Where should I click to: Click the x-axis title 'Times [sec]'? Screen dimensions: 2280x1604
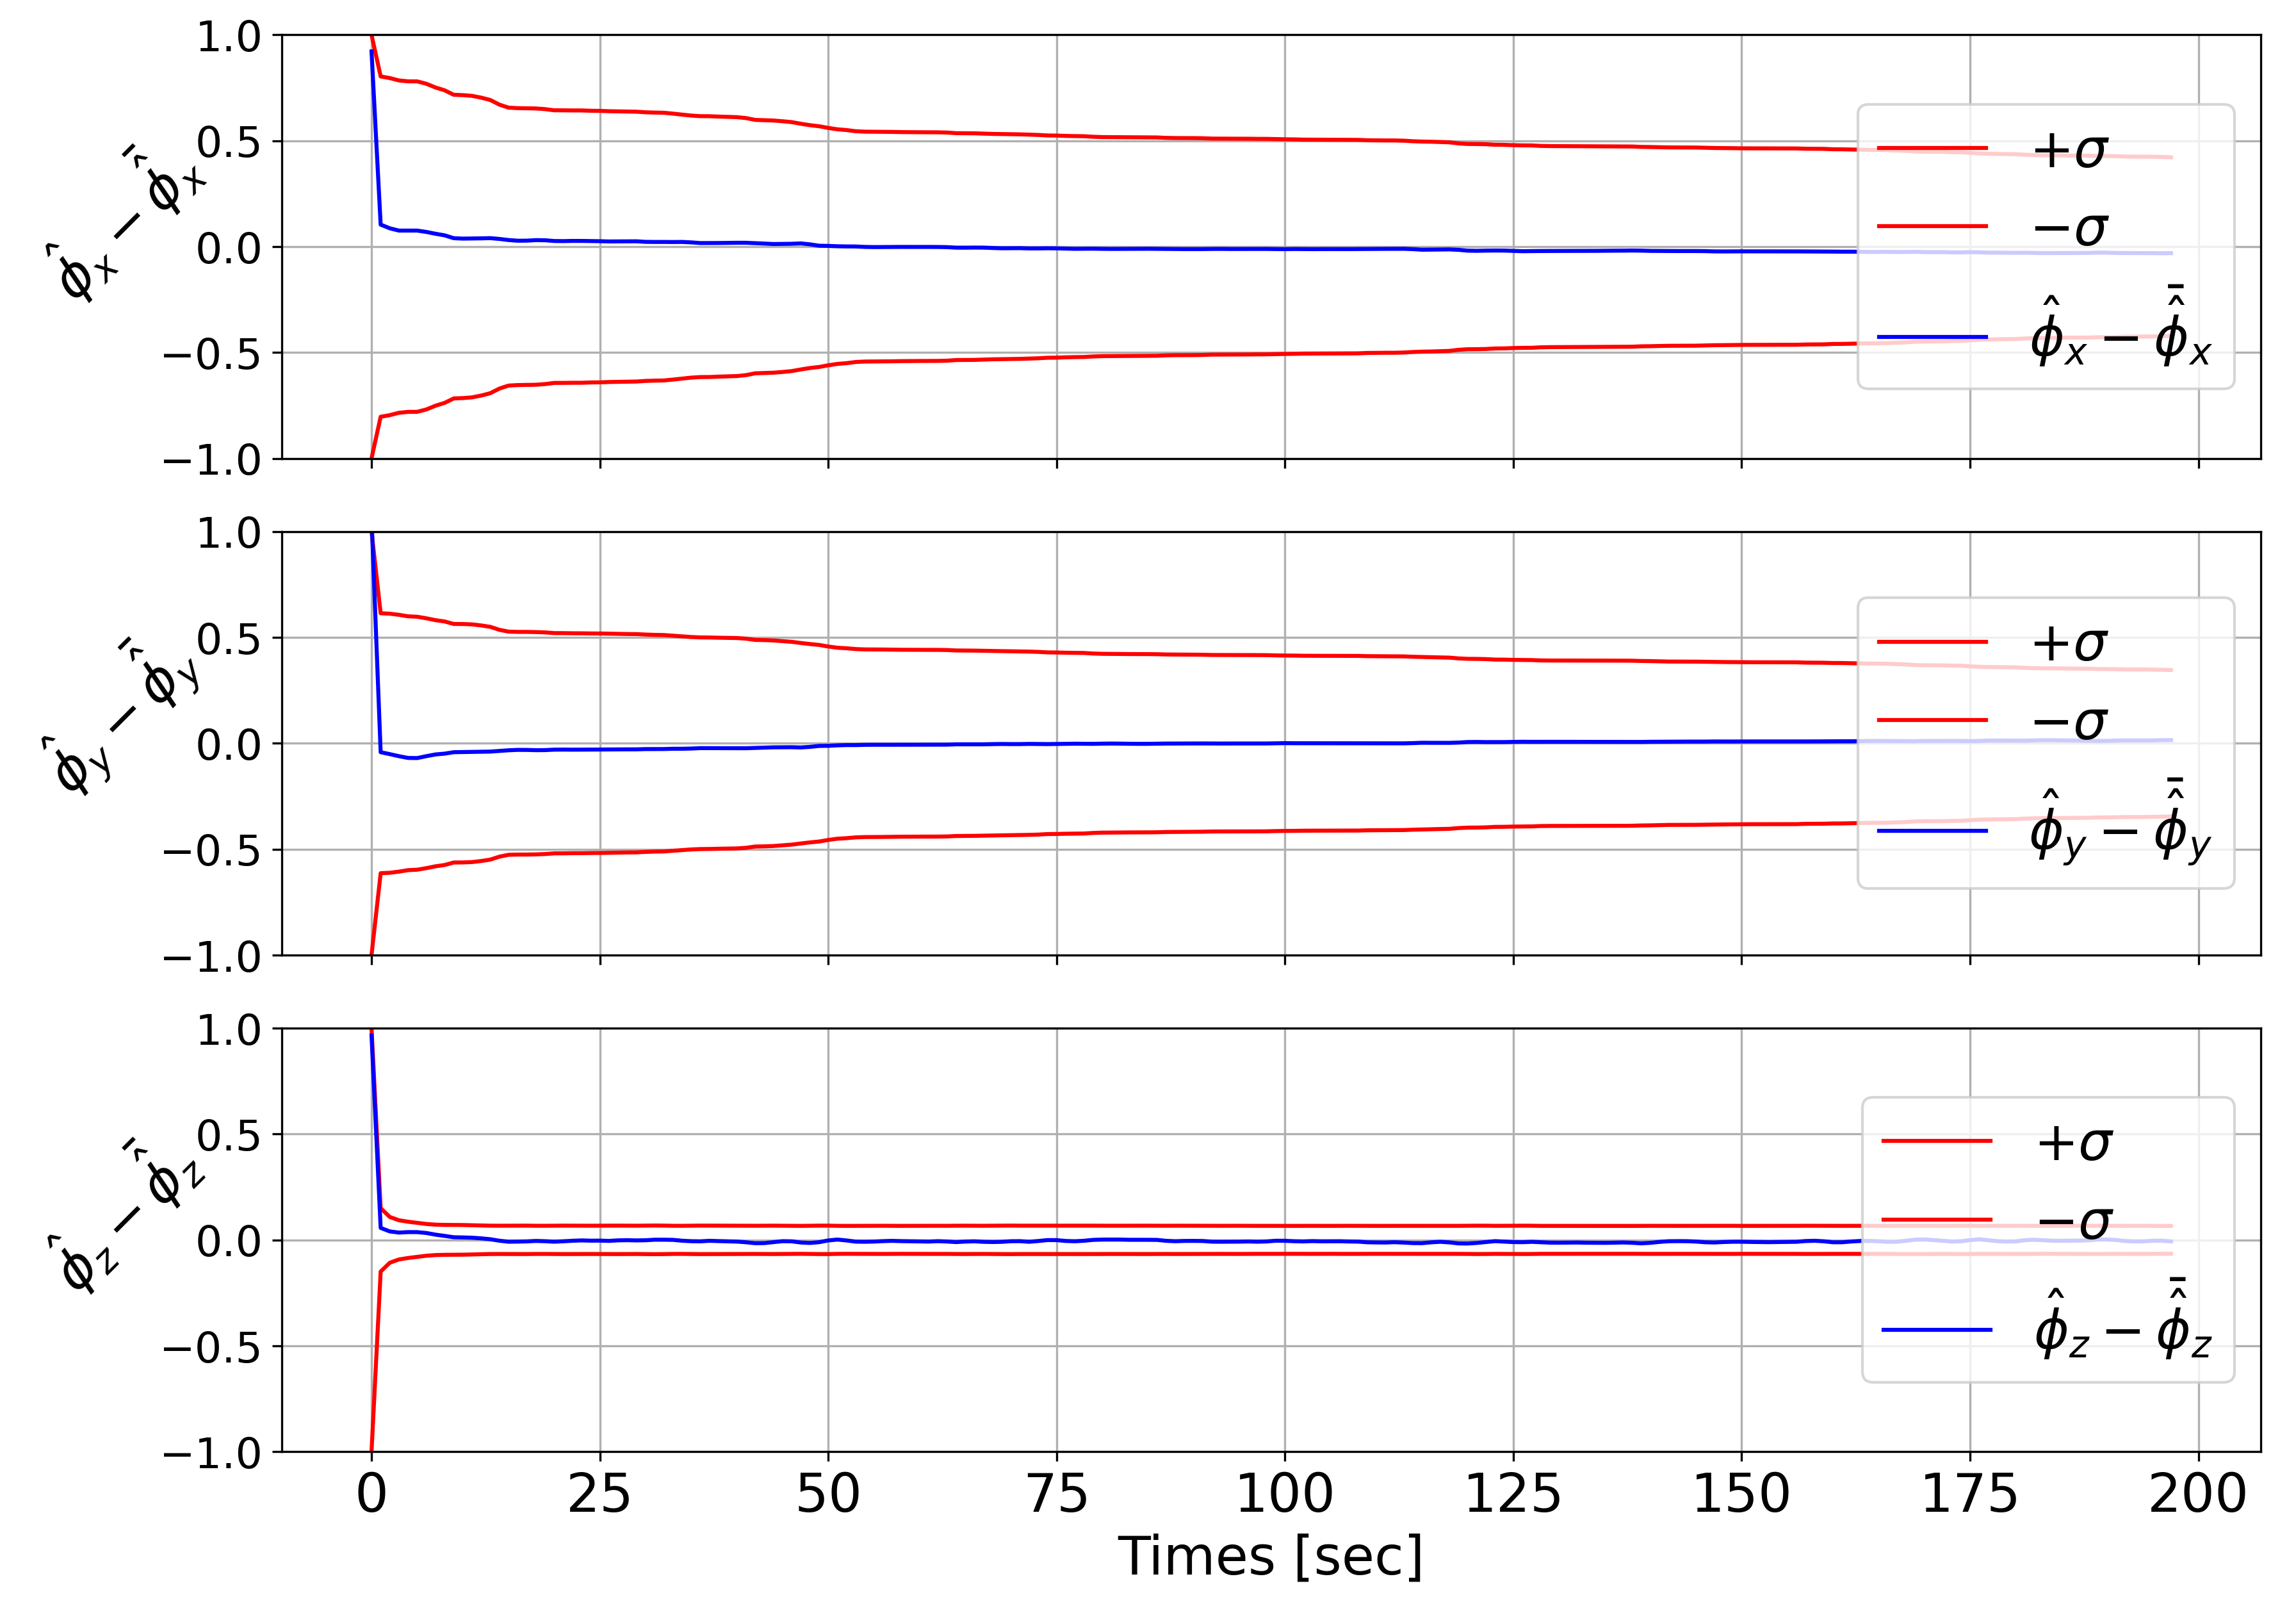pos(1270,1557)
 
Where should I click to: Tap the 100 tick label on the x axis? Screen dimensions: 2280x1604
pos(1284,1494)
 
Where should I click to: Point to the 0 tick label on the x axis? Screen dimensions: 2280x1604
pos(371,1494)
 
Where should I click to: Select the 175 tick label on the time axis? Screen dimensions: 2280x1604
pos(1969,1494)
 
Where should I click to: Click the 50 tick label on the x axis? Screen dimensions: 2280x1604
pos(828,1494)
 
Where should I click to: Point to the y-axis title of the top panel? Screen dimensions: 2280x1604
pos(129,220)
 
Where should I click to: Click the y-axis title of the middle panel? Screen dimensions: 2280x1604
pos(124,715)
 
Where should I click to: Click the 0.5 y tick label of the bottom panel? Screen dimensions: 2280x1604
pos(229,1135)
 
